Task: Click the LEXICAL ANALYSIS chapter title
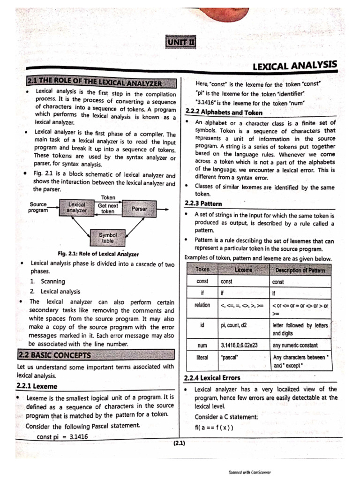pyautogui.click(x=294, y=66)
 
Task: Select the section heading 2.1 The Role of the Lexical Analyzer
pyautogui.click(x=102, y=83)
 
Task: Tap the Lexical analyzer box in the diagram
pyautogui.click(x=77, y=208)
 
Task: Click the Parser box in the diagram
pyautogui.click(x=139, y=208)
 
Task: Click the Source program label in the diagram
pyautogui.click(x=38, y=208)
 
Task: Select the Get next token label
pyautogui.click(x=108, y=209)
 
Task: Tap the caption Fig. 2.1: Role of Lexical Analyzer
pyautogui.click(x=98, y=254)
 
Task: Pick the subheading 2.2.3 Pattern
pyautogui.click(x=203, y=204)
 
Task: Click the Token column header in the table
pyautogui.click(x=202, y=270)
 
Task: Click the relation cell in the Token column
pyautogui.click(x=202, y=305)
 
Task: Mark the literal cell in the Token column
pyautogui.click(x=202, y=357)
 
